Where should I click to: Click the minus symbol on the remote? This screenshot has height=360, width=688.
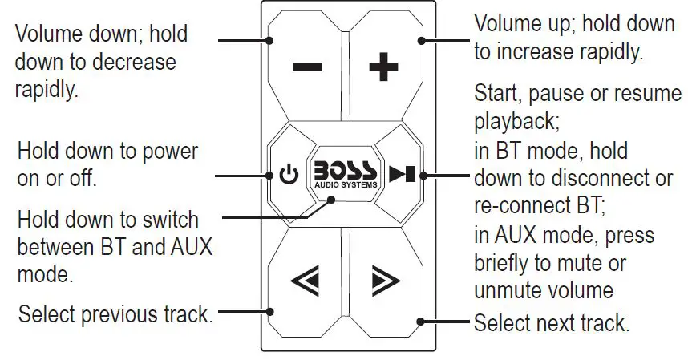(x=307, y=67)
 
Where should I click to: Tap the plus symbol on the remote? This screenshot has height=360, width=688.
(x=382, y=67)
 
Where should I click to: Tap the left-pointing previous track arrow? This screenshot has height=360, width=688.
(x=306, y=281)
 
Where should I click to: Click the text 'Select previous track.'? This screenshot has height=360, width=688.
(x=115, y=314)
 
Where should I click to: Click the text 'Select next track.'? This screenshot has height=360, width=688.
(x=552, y=324)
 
